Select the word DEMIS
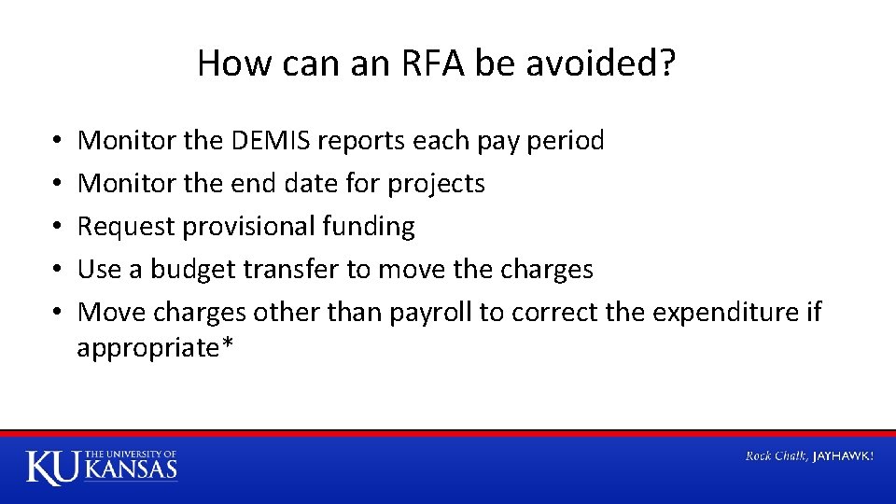[x=269, y=141]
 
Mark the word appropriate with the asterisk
[x=155, y=348]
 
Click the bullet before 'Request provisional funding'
[x=58, y=228]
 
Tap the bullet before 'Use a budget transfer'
[x=58, y=271]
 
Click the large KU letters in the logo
[x=53, y=467]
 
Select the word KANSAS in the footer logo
[x=132, y=470]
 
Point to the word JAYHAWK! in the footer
[x=844, y=456]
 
